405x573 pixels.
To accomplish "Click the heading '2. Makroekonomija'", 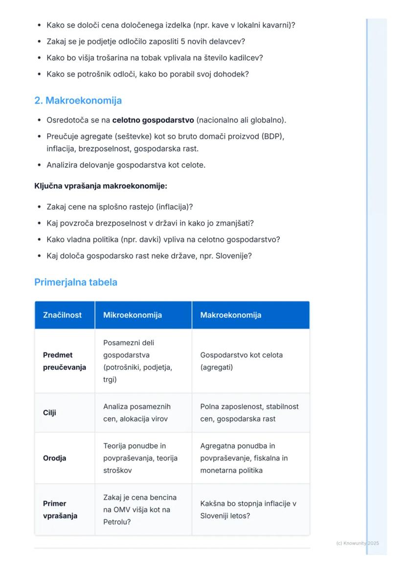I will [78, 100].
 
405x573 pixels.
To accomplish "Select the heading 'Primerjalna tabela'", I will [75, 282].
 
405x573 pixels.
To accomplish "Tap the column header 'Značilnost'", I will [62, 315].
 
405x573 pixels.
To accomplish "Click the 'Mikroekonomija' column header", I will [132, 315].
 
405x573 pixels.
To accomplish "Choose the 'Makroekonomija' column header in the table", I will [230, 315].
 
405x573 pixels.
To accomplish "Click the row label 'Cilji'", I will [49, 413].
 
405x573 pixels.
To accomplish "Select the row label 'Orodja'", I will [54, 458].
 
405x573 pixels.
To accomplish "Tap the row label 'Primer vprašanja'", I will [60, 509].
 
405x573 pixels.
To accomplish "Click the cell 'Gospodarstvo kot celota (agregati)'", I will [242, 361].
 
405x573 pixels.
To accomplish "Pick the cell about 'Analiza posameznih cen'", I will [137, 413].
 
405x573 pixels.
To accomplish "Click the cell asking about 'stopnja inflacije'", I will [248, 509].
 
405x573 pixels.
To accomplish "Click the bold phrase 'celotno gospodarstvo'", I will [153, 120].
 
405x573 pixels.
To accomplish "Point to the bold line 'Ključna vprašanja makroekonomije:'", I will [101, 186].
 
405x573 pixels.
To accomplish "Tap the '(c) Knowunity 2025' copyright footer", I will [358, 543].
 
